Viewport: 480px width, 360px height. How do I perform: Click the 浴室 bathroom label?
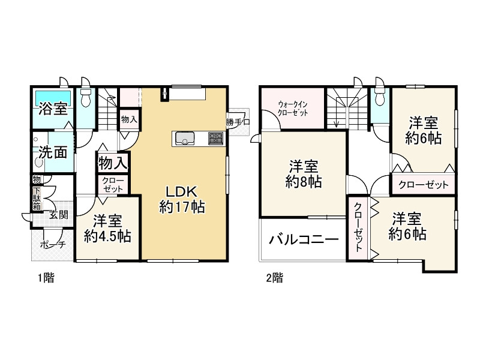tap(53, 109)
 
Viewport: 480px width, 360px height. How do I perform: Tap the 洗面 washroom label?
tap(53, 152)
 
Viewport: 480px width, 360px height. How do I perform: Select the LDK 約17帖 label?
tap(182, 200)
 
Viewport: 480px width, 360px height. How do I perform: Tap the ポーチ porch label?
tap(53, 244)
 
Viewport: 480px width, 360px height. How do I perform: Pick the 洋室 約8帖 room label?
tap(303, 174)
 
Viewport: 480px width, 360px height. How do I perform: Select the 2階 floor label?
tap(274, 278)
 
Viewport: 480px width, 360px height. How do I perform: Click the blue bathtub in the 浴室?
tap(53, 96)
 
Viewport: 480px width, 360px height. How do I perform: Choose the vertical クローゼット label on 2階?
tap(358, 228)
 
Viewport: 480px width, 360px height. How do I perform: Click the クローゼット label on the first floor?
tap(112, 184)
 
